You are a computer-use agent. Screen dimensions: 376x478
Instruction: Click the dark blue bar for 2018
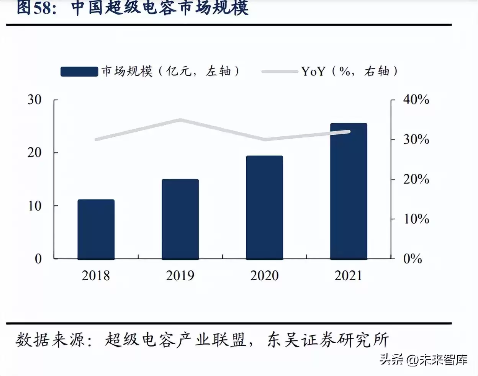96,229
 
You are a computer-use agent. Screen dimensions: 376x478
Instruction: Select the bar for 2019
180,219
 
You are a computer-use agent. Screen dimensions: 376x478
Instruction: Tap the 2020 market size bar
264,208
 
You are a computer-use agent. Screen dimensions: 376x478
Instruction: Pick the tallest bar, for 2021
349,191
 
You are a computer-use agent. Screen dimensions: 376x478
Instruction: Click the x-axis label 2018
96,276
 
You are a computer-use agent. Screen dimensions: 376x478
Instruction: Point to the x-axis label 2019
180,276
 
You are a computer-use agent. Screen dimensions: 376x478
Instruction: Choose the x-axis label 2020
264,276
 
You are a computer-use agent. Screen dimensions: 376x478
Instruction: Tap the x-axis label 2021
348,276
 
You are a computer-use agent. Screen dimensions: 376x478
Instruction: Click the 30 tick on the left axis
34,100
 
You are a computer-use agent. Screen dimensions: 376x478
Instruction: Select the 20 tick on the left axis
34,153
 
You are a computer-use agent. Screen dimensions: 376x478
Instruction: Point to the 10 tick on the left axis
34,206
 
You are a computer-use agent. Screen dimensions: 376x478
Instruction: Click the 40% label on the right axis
416,100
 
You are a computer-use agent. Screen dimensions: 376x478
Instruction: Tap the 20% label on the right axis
416,179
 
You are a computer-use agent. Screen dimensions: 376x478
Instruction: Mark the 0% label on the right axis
413,259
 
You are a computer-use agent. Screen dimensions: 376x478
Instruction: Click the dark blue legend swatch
79,72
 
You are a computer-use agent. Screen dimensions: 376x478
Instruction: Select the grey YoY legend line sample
280,72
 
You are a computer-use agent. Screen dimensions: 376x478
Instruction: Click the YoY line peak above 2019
180,120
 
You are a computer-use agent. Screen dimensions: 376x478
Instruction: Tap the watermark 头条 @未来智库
424,360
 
